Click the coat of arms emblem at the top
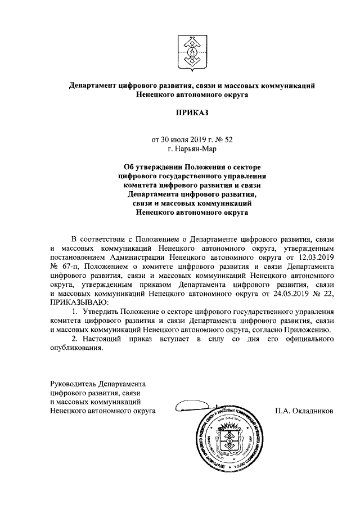(x=191, y=49)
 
